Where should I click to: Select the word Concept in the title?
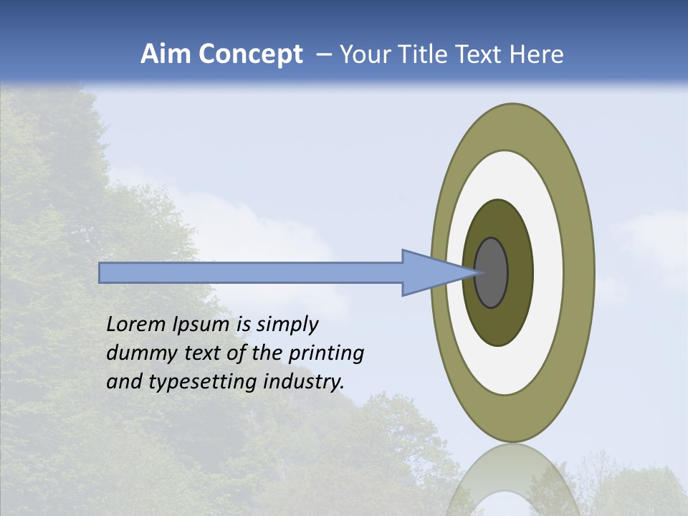[x=252, y=54]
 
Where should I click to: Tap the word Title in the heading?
[x=421, y=54]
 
